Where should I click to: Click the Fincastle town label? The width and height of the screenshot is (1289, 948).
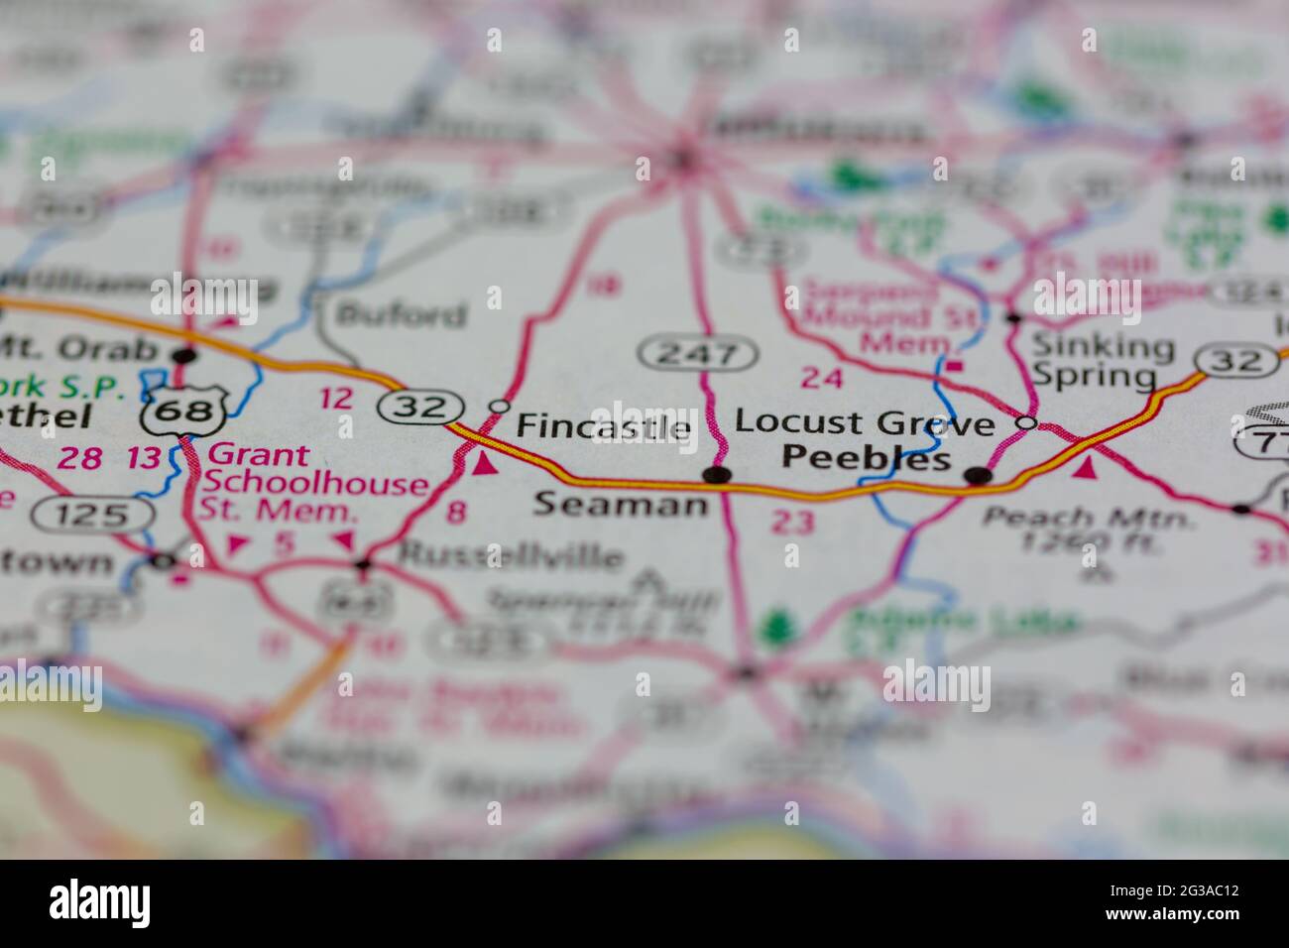[x=604, y=427]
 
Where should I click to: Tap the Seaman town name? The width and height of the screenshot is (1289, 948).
[x=622, y=505]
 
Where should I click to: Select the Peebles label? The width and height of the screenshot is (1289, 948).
[x=867, y=459]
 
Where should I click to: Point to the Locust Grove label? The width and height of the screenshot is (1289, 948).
[x=864, y=423]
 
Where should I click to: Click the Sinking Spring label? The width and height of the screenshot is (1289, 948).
[x=1103, y=361]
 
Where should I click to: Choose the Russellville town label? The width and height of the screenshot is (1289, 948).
[x=511, y=556]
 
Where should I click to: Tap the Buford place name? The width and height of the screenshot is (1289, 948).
[x=402, y=315]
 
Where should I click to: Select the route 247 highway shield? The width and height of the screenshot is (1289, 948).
[x=698, y=352]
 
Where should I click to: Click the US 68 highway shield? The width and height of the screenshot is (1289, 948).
[x=186, y=410]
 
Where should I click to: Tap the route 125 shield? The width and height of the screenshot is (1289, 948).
[x=92, y=514]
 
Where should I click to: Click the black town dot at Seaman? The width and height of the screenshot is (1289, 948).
[x=716, y=475]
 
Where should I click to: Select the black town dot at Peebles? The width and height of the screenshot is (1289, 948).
[x=979, y=475]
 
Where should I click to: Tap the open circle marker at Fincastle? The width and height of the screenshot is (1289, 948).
[x=500, y=407]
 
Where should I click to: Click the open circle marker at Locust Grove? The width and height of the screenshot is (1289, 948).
[x=1028, y=423]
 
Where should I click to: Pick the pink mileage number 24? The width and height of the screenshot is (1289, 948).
[x=822, y=378]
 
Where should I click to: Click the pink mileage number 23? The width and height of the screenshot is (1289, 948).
[x=792, y=522]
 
